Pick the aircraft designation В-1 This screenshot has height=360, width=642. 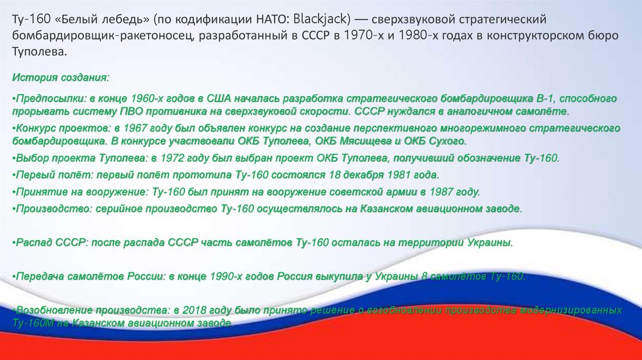546,100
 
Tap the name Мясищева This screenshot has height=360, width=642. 367,140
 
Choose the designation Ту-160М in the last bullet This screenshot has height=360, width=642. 32,322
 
